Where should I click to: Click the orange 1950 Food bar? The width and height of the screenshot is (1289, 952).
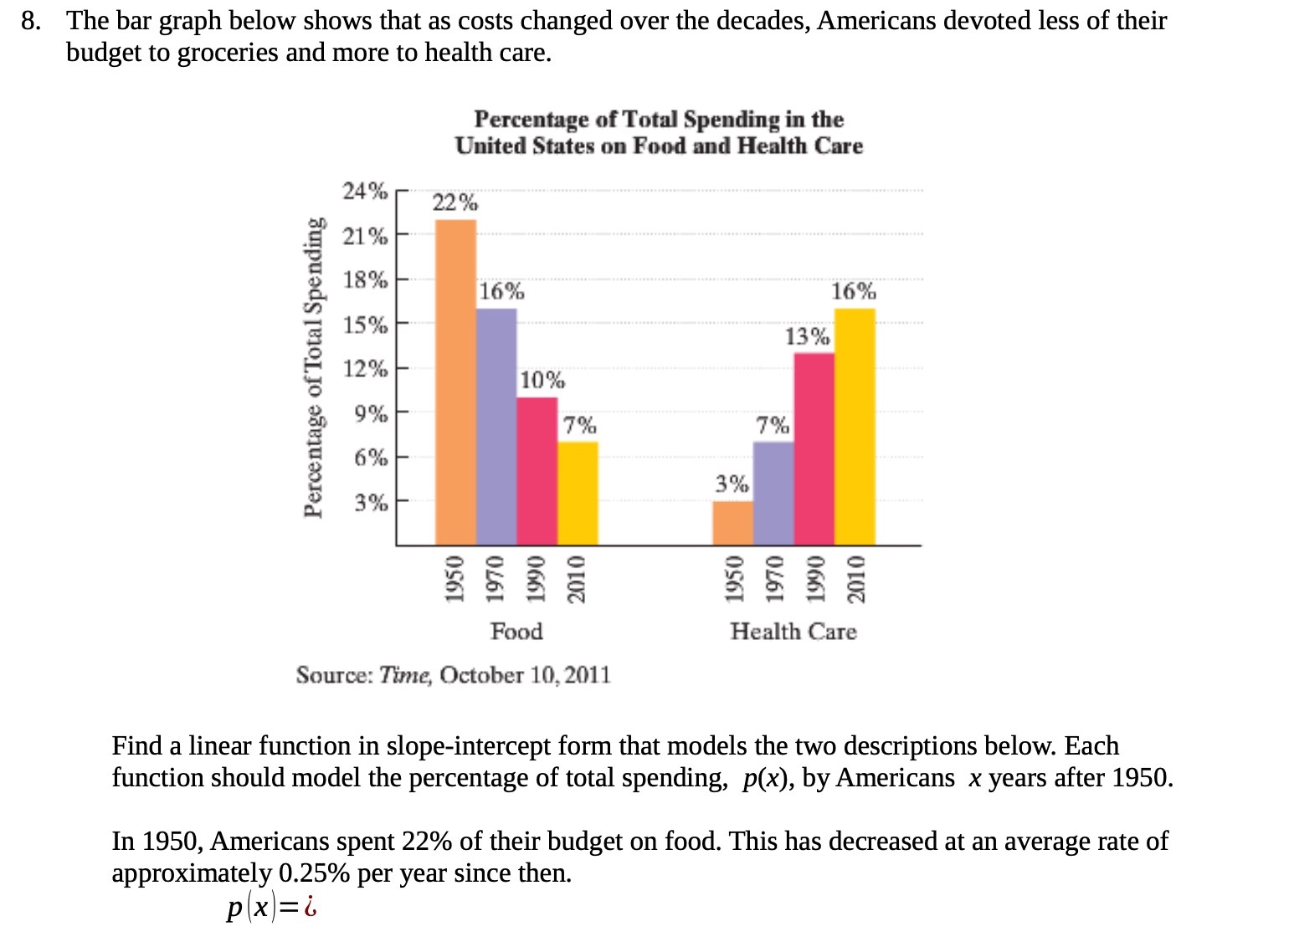point(455,382)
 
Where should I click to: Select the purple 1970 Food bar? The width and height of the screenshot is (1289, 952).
point(496,427)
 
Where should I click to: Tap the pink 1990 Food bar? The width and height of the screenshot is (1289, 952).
point(537,471)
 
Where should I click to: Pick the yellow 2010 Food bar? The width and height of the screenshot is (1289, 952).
point(578,494)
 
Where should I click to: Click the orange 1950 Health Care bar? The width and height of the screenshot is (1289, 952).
point(733,523)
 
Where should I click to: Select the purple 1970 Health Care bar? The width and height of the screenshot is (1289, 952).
point(773,494)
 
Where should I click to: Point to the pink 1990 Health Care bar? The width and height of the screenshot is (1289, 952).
point(814,449)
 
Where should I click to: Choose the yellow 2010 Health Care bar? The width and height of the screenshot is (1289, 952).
point(855,427)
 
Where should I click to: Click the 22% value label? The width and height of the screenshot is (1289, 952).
point(455,202)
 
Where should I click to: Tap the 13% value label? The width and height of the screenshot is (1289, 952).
point(807,336)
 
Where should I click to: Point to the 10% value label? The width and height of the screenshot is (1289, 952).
point(542,381)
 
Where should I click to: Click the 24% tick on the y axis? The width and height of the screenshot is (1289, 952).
point(365,191)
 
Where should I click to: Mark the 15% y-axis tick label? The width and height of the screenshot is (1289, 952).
point(365,325)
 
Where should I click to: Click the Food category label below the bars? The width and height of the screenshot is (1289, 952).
point(516,631)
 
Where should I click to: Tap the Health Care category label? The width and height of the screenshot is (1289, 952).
point(793,631)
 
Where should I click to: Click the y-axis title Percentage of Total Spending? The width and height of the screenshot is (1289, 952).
point(313,368)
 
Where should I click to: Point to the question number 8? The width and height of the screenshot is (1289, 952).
point(31,21)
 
